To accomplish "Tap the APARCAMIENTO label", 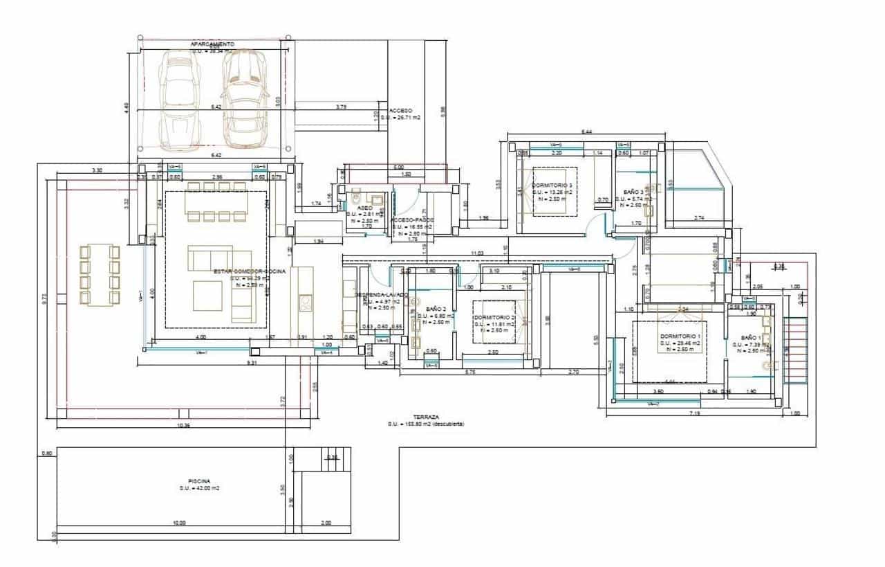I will [x=212, y=44].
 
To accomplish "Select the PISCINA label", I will [x=199, y=480].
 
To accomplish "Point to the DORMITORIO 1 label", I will [x=680, y=336].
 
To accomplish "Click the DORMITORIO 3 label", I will [x=552, y=186].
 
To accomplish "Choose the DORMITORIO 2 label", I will [x=494, y=317].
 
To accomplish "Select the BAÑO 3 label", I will [x=633, y=192].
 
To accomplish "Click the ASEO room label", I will [x=364, y=208].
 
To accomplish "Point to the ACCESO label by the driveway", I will [x=400, y=111].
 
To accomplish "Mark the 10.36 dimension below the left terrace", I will [x=183, y=425].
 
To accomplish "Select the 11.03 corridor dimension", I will [x=476, y=254].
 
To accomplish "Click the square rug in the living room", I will [x=207, y=296].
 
